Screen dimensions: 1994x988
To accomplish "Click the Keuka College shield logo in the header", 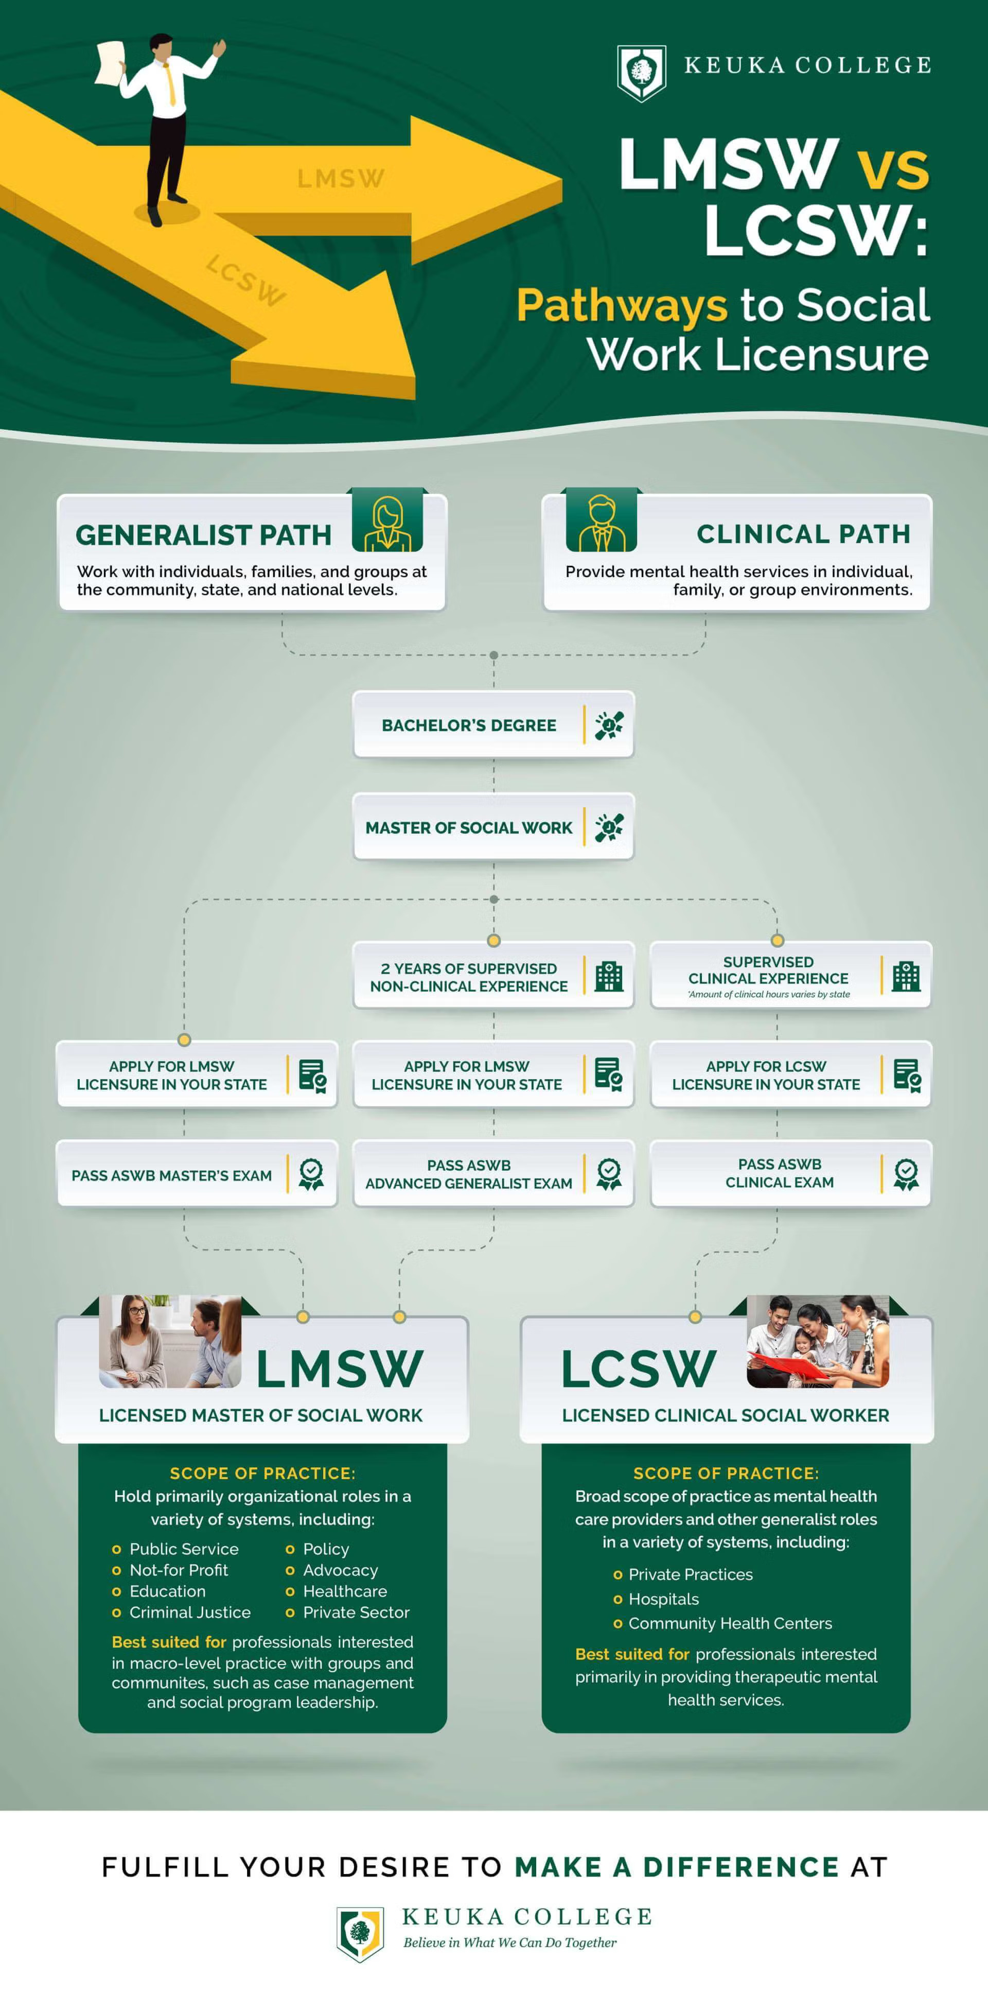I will (x=641, y=72).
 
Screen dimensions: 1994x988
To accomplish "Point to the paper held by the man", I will (x=110, y=63).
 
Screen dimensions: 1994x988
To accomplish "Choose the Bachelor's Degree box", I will (x=493, y=724).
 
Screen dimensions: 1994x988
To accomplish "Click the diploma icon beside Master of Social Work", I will (x=609, y=827).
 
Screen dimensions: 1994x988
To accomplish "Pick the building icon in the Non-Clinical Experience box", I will (x=609, y=976).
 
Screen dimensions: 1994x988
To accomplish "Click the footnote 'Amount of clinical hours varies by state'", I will (x=768, y=995).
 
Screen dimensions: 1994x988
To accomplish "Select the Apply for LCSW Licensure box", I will (x=790, y=1074).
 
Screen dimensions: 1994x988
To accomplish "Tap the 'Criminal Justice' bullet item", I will (x=189, y=1611).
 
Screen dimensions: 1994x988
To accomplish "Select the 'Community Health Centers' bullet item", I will (x=730, y=1622).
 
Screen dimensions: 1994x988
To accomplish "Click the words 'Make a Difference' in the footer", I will (x=676, y=1866).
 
